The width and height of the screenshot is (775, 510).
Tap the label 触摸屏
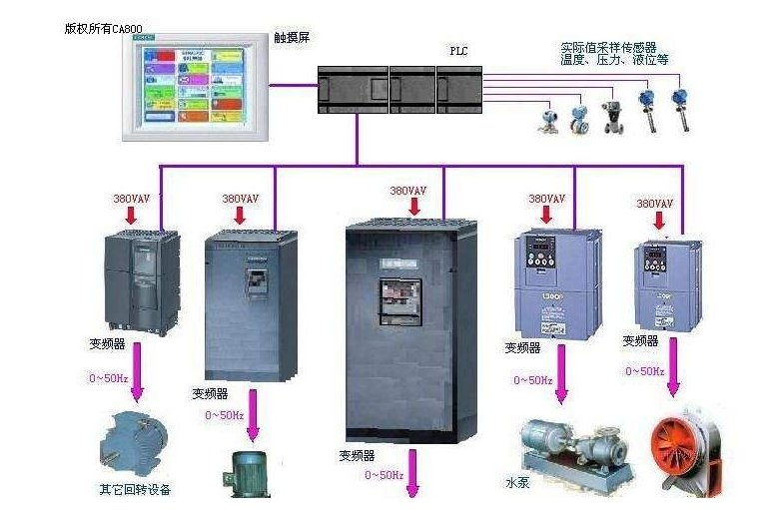[291, 36]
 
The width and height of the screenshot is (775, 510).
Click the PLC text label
[458, 49]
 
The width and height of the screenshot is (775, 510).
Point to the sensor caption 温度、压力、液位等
[614, 60]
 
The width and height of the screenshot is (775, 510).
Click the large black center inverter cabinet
[410, 329]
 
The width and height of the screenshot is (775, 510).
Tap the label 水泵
[519, 483]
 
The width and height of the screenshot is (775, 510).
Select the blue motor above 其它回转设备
[132, 440]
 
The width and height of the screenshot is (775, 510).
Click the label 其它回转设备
[134, 490]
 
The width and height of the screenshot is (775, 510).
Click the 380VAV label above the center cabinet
[407, 191]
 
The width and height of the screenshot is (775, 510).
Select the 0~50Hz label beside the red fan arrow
[645, 371]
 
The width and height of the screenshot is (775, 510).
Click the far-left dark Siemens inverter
[142, 281]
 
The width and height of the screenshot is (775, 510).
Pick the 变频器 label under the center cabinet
[356, 455]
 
